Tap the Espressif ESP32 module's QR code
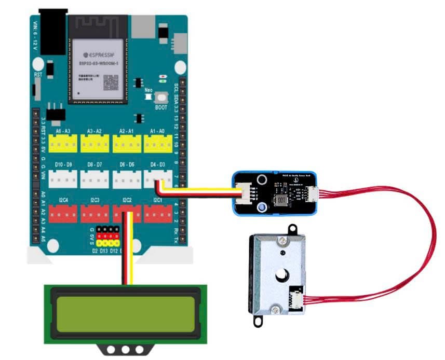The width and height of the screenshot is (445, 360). [111, 82]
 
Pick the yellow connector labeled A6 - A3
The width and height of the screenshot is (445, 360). [63, 143]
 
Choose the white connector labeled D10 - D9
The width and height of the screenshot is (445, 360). [63, 178]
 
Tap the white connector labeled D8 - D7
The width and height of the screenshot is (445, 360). [95, 178]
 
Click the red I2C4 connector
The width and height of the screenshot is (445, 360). [63, 213]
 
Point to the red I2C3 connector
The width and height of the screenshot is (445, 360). [95, 213]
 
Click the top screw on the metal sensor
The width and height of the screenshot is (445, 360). [283, 241]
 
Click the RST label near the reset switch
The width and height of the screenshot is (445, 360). [38, 75]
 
